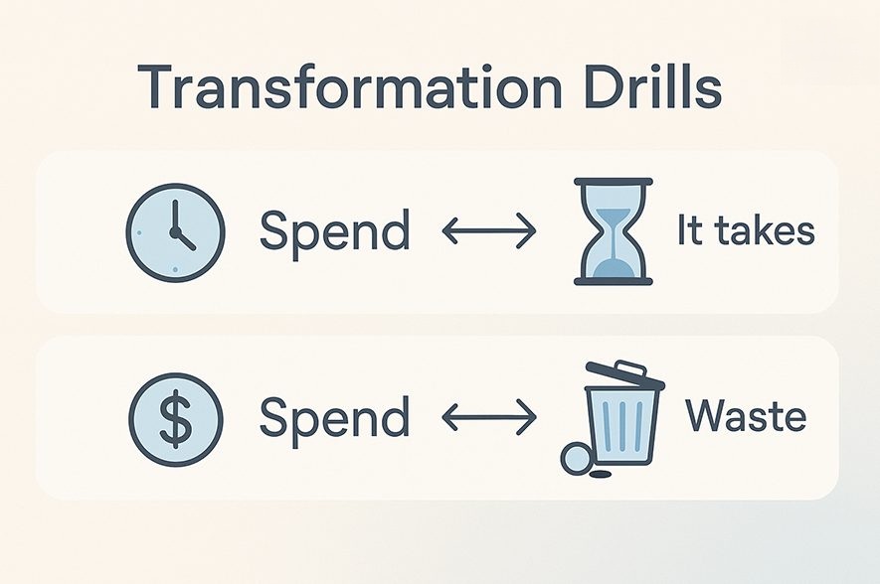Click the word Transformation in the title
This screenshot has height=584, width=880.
click(x=349, y=87)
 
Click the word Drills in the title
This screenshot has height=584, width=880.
click(x=652, y=86)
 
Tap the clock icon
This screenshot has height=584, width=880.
click(x=176, y=232)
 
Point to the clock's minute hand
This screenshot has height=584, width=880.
click(x=175, y=217)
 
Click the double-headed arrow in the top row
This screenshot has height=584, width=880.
click(x=489, y=230)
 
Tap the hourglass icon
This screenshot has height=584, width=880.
click(x=614, y=231)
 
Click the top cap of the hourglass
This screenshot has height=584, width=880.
click(x=614, y=182)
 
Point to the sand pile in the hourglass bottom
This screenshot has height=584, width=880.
click(x=614, y=268)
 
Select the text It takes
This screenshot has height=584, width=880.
click(x=746, y=229)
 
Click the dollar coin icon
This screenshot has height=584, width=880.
click(x=176, y=419)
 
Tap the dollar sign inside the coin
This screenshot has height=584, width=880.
click(x=176, y=419)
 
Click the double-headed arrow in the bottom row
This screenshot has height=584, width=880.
click(x=489, y=417)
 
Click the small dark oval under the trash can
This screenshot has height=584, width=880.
click(x=601, y=475)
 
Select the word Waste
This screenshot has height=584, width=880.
click(x=746, y=416)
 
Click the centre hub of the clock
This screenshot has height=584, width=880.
click(x=175, y=232)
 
